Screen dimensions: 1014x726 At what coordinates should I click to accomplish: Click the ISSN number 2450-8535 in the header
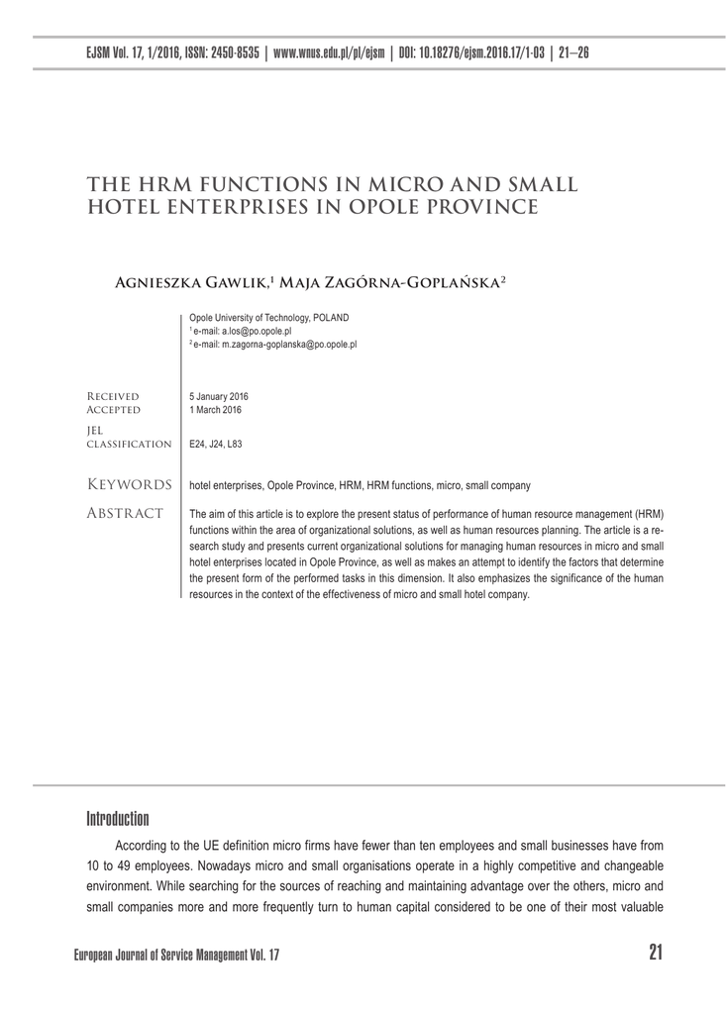(237, 52)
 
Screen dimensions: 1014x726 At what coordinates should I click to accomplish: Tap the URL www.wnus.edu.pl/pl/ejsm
(330, 52)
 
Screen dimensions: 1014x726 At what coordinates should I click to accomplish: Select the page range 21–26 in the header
(574, 52)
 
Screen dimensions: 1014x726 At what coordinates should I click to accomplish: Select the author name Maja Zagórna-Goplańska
(391, 282)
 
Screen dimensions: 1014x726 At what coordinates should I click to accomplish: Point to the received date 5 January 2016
(218, 396)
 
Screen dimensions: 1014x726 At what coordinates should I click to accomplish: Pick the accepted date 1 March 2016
(215, 409)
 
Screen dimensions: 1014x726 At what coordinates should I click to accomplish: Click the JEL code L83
(233, 444)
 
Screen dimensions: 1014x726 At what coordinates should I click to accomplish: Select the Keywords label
(130, 484)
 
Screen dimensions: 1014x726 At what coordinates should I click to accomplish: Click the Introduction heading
(117, 819)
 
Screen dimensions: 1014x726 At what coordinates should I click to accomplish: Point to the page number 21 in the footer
(655, 953)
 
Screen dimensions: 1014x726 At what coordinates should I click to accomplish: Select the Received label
(113, 396)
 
